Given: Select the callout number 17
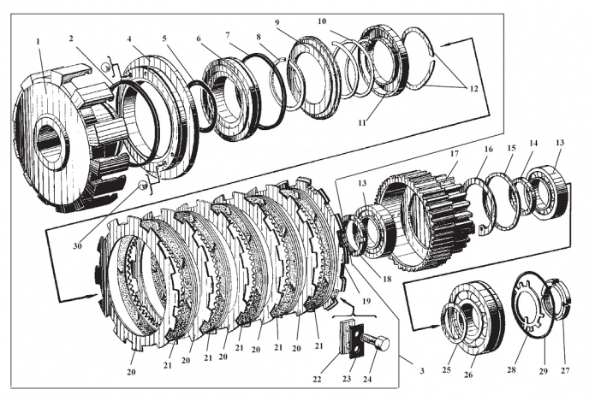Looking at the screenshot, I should click(454, 157).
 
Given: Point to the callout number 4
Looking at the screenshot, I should click(129, 39).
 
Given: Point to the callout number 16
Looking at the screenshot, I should click(489, 149).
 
